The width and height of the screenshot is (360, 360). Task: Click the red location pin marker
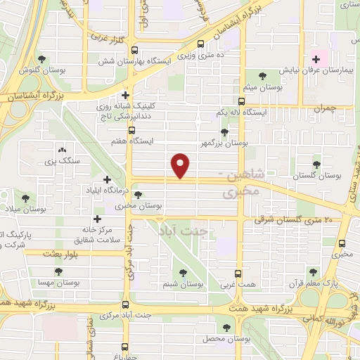[x=181, y=165]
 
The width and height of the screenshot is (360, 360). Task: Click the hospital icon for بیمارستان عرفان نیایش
[x=316, y=59]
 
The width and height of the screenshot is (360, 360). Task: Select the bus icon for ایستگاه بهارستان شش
[x=134, y=49]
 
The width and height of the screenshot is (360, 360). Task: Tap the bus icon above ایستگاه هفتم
[x=131, y=130]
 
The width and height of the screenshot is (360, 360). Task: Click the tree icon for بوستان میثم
[x=262, y=75]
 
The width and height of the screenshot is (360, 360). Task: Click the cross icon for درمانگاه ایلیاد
[x=107, y=180]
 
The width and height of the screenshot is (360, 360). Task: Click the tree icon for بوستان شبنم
[x=183, y=273]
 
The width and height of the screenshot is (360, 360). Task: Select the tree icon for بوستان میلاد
[x=26, y=199]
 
